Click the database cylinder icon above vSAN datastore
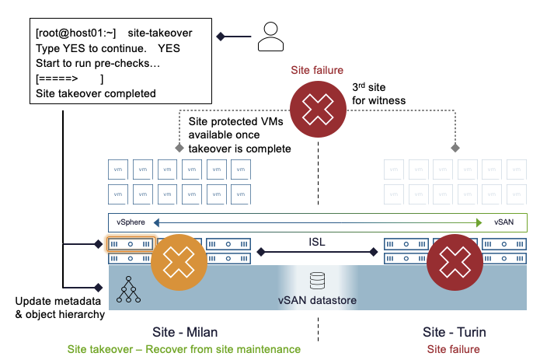click(317, 279)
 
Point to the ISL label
click(317, 241)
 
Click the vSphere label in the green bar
click(131, 222)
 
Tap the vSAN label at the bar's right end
click(503, 222)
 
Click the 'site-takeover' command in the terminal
click(170, 33)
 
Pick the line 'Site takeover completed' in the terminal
click(96, 93)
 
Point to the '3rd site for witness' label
click(379, 94)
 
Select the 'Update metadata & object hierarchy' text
click(59, 307)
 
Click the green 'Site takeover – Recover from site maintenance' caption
click(183, 349)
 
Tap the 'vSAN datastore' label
click(317, 299)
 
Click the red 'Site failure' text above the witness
click(317, 71)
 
